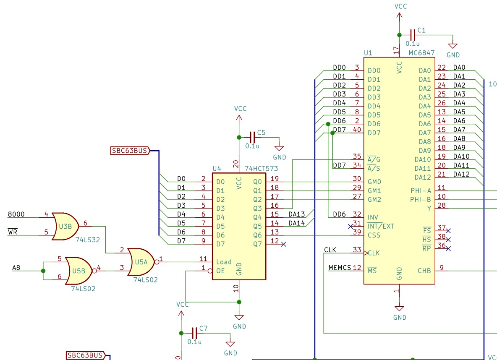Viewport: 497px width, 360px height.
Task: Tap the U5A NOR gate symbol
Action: click(x=141, y=261)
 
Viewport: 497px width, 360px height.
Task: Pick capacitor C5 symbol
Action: click(x=252, y=137)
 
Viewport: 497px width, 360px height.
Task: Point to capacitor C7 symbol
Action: click(x=194, y=333)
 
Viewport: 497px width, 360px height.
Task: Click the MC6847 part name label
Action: click(x=421, y=54)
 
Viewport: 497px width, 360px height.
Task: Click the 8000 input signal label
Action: click(x=16, y=214)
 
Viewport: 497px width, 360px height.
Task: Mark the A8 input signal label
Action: click(x=16, y=268)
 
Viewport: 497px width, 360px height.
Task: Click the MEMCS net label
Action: click(x=340, y=268)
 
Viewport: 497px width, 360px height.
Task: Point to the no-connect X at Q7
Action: click(x=283, y=244)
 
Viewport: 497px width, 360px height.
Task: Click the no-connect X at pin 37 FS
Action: click(x=448, y=231)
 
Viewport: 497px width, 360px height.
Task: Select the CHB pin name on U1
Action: click(x=424, y=271)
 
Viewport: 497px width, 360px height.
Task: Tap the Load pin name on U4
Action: click(x=224, y=262)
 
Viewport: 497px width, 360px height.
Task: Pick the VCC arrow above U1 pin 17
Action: click(x=399, y=15)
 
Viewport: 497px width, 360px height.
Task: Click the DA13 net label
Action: click(x=296, y=214)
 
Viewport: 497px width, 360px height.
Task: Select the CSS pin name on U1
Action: click(x=374, y=235)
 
